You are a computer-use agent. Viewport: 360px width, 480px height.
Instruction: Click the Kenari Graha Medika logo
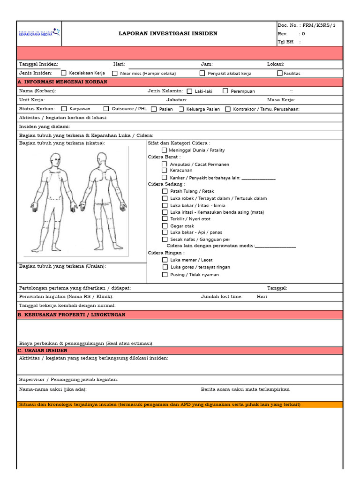coord(39,33)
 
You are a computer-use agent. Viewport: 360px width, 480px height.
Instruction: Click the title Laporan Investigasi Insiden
coord(168,34)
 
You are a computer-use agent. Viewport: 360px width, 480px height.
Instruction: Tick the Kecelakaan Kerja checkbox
coord(64,73)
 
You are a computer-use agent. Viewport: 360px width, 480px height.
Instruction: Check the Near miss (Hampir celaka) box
coord(115,73)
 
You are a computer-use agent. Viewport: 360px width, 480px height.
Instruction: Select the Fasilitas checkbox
coord(280,73)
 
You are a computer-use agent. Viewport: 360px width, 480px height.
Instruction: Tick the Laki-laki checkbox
coord(189,91)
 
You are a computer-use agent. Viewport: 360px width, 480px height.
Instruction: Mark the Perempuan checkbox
coord(225,91)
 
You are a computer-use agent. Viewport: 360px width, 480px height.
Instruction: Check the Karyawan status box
coord(64,109)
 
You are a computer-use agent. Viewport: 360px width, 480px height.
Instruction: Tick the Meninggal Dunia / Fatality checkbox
coord(165,150)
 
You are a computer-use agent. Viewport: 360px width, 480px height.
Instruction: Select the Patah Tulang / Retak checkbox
coord(165,191)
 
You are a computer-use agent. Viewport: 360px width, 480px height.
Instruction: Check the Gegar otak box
coord(165,225)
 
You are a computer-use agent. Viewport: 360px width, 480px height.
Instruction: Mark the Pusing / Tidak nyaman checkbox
coord(165,274)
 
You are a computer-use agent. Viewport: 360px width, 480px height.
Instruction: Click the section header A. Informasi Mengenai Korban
coord(63,82)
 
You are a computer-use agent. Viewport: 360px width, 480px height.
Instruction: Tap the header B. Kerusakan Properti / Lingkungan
coord(72,315)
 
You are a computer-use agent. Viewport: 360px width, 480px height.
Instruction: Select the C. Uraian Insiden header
coord(43,351)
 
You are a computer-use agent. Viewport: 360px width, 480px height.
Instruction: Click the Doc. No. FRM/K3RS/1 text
coord(307,25)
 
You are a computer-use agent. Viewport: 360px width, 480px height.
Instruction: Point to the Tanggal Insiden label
coord(38,64)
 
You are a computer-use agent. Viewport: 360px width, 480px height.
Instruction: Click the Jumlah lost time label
coord(222,297)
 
